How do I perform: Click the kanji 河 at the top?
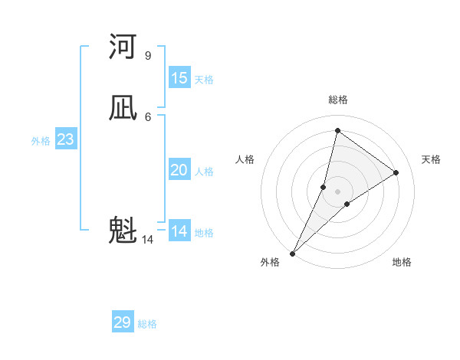pos(123,47)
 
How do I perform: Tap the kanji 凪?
pos(123,108)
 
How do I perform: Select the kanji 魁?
pos(123,230)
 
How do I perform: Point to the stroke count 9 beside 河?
pos(147,56)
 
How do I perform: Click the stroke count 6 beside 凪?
pos(147,116)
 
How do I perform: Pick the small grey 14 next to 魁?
pos(147,240)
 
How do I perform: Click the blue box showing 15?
pos(179,78)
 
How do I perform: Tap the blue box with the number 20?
pos(179,170)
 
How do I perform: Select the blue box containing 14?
pos(179,231)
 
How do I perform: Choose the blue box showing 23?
pos(66,139)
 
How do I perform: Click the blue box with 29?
pos(123,322)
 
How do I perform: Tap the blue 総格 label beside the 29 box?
pos(148,324)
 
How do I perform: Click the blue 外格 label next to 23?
pos(41,141)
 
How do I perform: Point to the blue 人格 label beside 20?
pos(205,172)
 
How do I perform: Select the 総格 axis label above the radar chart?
pos(338,100)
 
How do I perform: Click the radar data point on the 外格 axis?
pos(293,254)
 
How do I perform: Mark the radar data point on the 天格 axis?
pos(396,172)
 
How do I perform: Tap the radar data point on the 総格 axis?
pos(337,130)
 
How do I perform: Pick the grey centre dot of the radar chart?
pos(337,191)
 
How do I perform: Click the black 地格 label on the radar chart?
pos(402,262)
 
